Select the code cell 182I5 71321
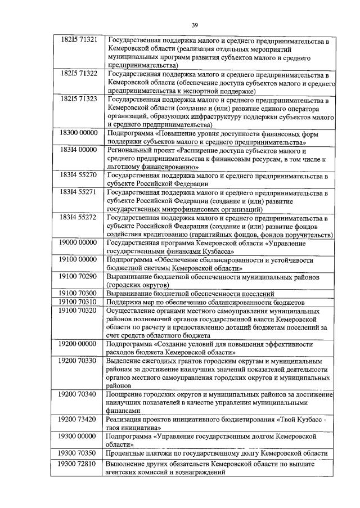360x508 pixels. tap(79, 41)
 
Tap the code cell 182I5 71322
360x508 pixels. tap(79, 74)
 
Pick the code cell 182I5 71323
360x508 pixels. tap(79, 98)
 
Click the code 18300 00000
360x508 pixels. tap(79, 133)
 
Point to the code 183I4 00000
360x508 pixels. tap(79, 150)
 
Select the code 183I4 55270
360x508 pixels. tap(79, 176)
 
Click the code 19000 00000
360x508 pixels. tap(79, 242)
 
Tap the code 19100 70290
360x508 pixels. tap(79, 276)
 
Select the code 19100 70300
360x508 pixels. tap(79, 293)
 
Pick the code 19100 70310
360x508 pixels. tap(79, 302)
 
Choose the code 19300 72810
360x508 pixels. tap(79, 464)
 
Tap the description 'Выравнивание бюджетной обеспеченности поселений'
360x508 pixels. tap(191, 293)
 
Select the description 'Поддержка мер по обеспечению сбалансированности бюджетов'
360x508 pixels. tap(206, 302)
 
